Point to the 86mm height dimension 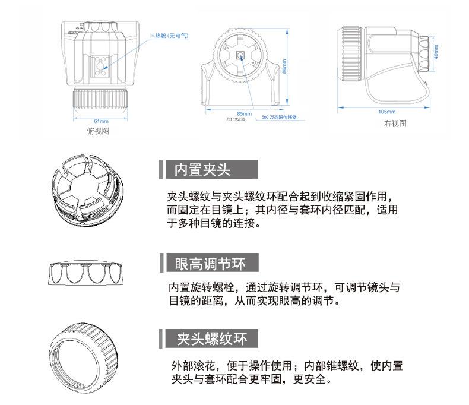coord(284,69)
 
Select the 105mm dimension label coord(386,112)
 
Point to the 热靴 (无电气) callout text coord(171,36)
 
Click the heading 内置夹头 coord(202,170)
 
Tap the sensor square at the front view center coord(241,55)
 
